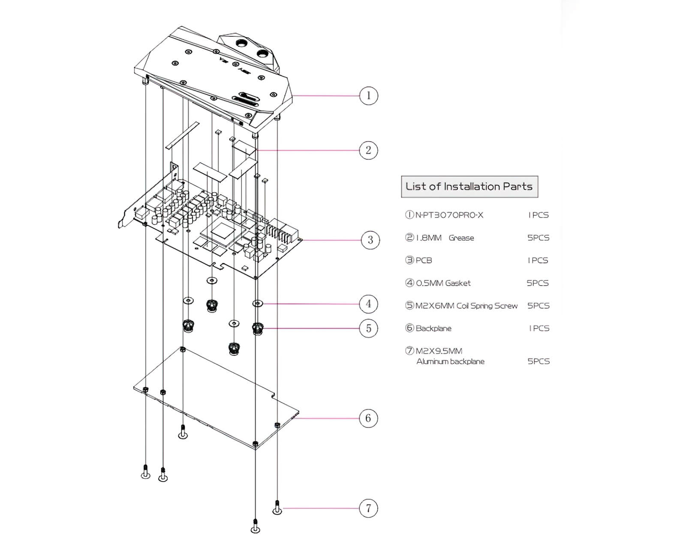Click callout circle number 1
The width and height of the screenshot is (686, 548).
(x=368, y=95)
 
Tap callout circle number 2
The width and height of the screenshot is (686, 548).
(x=368, y=150)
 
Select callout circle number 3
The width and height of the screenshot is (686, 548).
(x=370, y=240)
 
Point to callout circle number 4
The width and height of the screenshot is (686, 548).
(x=368, y=304)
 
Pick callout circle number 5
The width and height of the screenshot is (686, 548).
(x=368, y=328)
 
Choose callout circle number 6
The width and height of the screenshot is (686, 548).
(x=368, y=418)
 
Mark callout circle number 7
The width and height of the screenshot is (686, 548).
(x=368, y=509)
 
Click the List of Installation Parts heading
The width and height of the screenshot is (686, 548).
(x=469, y=187)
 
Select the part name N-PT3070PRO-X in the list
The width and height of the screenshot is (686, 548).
(x=449, y=215)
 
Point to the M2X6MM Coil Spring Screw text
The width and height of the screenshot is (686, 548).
(x=466, y=306)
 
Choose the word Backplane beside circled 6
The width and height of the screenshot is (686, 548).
(x=433, y=328)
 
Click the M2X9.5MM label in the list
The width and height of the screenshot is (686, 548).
(x=439, y=351)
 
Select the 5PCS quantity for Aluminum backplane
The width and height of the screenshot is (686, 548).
(x=538, y=361)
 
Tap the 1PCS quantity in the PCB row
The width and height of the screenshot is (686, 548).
(x=538, y=260)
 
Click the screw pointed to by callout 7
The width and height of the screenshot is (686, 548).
(x=277, y=508)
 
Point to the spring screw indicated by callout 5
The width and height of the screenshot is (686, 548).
(x=257, y=329)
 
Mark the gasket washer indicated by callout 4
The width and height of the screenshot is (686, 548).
(x=257, y=304)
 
